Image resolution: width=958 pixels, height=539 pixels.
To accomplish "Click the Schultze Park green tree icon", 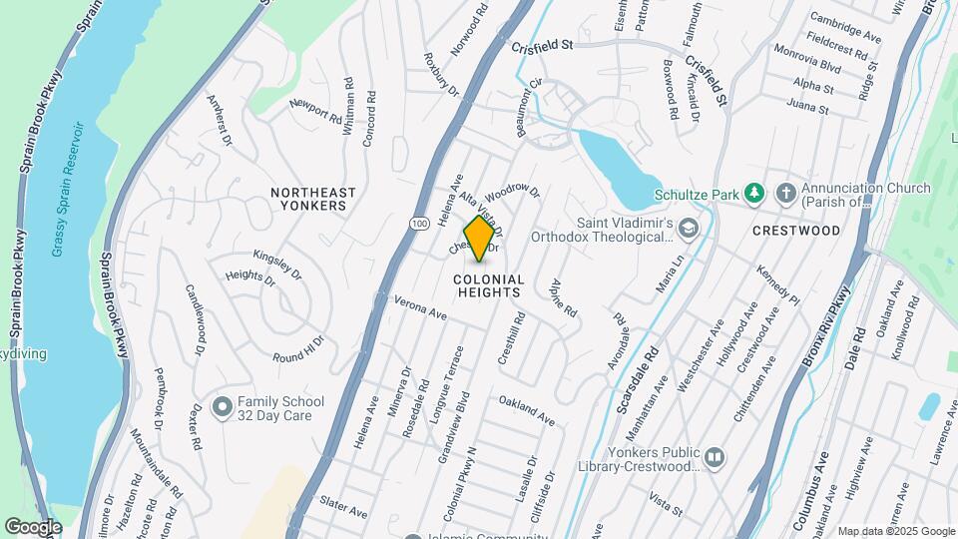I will click(756, 193).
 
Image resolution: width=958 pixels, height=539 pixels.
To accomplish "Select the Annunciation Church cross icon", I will click(787, 193).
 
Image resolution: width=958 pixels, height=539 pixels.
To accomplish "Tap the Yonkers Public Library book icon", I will click(714, 458).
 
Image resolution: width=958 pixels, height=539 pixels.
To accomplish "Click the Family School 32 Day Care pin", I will click(221, 408).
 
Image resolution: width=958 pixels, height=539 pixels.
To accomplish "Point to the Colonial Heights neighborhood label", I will click(488, 286).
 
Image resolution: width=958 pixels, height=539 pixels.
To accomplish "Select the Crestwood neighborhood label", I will click(795, 231).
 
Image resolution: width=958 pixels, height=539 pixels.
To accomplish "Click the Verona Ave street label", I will click(420, 306).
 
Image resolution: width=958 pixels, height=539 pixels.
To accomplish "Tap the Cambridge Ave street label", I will click(845, 28).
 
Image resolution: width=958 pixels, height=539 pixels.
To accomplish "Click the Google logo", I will click(33, 526).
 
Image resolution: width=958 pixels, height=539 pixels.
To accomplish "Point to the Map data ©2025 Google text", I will click(896, 531).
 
